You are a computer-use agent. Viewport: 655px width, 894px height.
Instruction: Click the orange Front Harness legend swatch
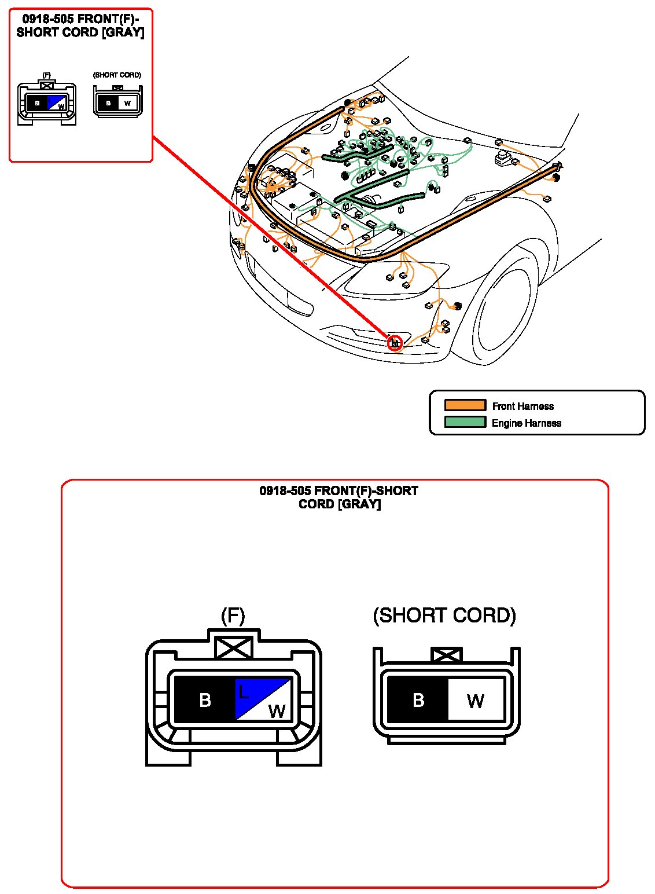(465, 405)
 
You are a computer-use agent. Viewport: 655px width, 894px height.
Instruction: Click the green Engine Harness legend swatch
(465, 422)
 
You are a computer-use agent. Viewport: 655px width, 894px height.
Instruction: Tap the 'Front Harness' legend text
(522, 406)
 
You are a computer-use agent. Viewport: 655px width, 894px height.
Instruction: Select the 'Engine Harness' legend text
(526, 423)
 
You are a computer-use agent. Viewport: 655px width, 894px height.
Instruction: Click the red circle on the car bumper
(395, 343)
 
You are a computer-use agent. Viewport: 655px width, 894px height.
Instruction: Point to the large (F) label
(233, 615)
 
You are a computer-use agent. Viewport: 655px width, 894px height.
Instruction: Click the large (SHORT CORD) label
(444, 615)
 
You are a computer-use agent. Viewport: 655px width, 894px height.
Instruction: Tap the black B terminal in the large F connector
(204, 700)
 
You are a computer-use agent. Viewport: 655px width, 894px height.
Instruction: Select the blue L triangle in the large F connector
(252, 692)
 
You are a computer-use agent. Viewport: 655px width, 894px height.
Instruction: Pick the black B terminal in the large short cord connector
(417, 700)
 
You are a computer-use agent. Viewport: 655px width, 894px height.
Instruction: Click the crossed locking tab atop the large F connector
(234, 647)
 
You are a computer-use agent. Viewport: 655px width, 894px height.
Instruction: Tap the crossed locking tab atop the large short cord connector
(447, 655)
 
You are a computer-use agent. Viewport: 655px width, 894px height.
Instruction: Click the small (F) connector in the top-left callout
(46, 104)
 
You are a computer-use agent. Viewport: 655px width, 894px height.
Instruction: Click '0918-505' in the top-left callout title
(48, 19)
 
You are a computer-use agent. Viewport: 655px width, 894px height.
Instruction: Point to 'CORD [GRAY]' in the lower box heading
(339, 504)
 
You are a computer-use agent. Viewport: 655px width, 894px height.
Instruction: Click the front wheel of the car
(504, 316)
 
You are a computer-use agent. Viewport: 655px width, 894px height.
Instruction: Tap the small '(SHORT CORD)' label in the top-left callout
(117, 75)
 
